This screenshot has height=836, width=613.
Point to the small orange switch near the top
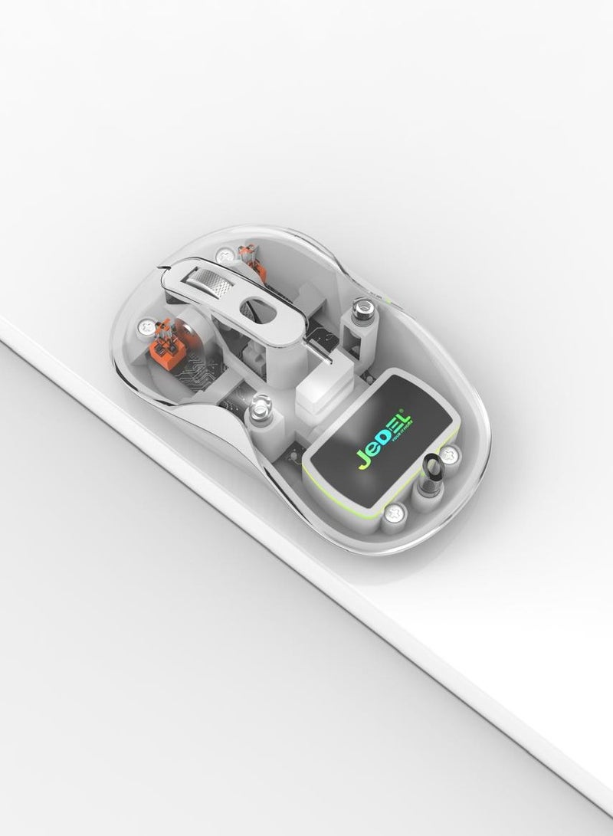[251, 258]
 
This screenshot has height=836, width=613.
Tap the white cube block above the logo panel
[318, 384]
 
